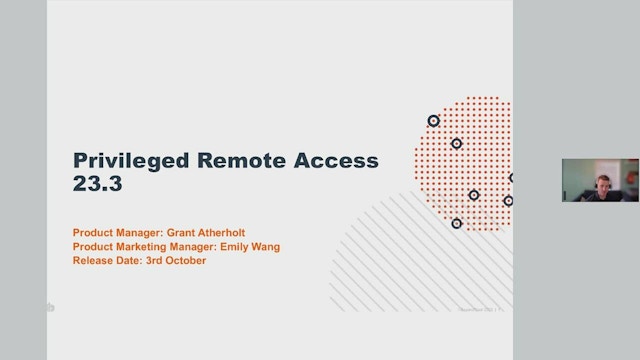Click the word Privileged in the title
point(128,162)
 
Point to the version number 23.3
point(96,186)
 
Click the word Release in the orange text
point(91,261)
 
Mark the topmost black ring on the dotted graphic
point(433,121)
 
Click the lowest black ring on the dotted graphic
point(456,223)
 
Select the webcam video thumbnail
point(600,180)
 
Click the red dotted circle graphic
point(470,150)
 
